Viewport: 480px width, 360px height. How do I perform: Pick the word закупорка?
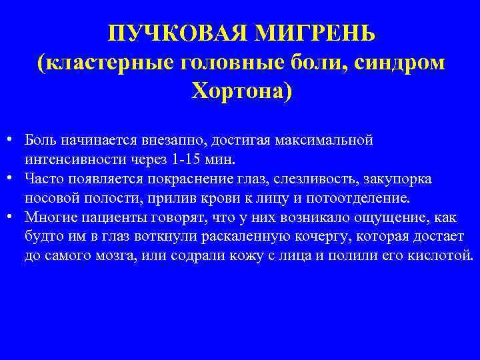tap(401, 179)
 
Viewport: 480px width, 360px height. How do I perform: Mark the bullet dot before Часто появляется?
tap(13, 179)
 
